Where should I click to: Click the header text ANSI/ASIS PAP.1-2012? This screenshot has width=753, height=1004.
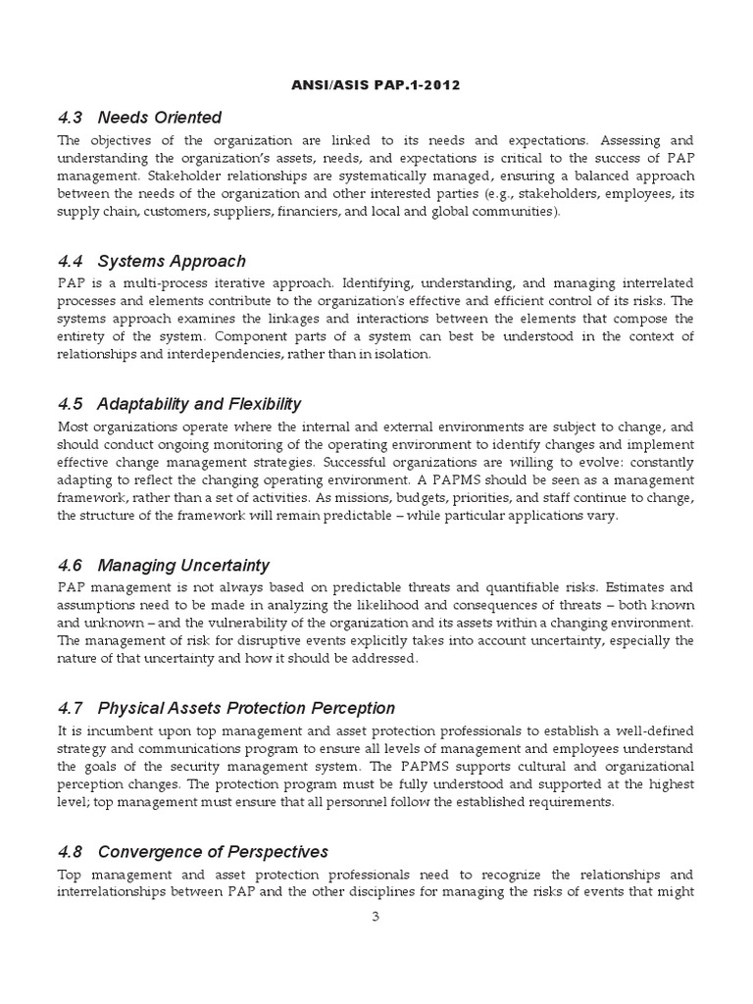coord(376,84)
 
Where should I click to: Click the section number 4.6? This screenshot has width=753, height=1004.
coord(72,565)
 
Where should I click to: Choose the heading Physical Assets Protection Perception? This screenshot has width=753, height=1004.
coord(247,708)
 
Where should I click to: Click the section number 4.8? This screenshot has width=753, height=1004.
coord(72,851)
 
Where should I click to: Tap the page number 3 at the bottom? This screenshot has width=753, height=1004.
coord(376,918)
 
